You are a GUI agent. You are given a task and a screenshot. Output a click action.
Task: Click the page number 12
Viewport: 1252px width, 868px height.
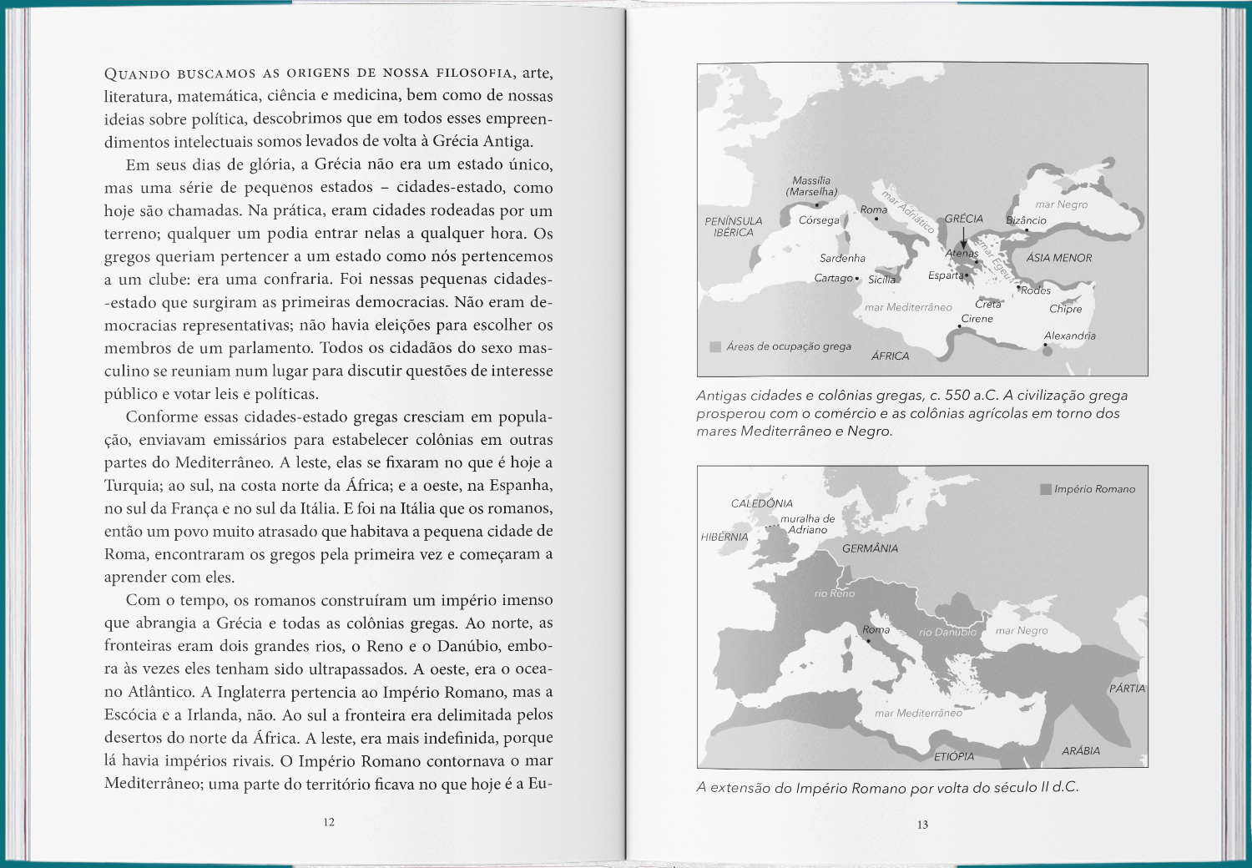329,822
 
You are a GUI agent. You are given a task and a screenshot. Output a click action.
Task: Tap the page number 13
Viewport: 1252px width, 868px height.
922,825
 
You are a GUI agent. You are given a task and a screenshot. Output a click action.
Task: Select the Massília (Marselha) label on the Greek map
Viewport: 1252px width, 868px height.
811,186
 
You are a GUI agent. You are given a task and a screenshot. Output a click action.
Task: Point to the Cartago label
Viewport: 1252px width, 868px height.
834,278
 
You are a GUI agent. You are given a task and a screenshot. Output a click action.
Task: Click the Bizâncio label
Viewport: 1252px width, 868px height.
1026,220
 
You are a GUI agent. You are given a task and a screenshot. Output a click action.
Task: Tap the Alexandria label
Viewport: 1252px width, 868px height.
1069,336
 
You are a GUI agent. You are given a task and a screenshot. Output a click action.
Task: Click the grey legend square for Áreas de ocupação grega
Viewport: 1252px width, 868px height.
715,346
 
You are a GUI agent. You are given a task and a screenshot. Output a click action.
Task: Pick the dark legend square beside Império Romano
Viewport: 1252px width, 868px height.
1045,489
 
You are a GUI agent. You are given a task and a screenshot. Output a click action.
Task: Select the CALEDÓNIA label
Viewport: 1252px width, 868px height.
761,503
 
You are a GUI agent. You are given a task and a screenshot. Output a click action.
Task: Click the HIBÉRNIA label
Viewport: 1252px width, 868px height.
724,537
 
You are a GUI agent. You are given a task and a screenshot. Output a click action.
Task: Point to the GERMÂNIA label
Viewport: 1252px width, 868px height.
870,548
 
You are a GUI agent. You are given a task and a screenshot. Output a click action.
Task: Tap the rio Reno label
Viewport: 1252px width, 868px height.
834,593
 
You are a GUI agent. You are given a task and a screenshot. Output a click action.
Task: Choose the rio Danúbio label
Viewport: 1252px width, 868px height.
947,632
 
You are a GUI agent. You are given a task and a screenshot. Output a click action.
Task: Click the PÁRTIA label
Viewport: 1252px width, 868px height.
1127,689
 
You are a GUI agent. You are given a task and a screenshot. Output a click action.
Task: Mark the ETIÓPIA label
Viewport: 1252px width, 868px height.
953,756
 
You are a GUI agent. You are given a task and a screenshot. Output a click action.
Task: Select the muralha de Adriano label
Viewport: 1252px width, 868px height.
807,524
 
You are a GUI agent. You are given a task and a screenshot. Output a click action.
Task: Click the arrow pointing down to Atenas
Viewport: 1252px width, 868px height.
964,239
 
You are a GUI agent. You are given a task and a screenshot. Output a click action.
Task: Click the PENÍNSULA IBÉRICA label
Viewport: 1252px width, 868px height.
733,227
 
